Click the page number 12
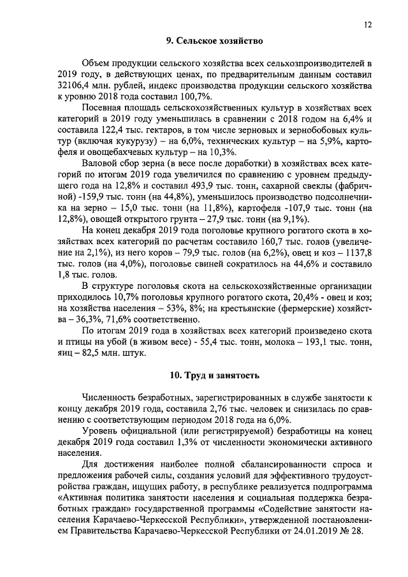(x=368, y=25)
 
